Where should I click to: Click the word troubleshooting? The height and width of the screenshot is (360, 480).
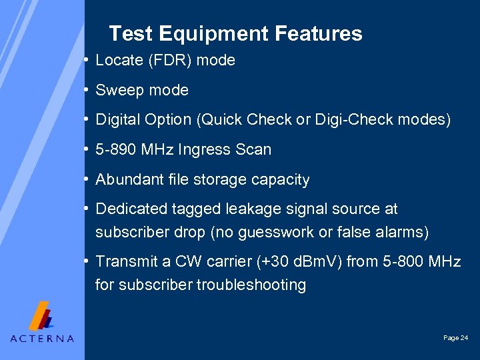[x=251, y=285]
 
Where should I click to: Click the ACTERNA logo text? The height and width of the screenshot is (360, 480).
[x=42, y=338]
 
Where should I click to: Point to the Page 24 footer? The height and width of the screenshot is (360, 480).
[x=455, y=338]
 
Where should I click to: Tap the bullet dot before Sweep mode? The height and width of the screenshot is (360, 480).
[x=87, y=90]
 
